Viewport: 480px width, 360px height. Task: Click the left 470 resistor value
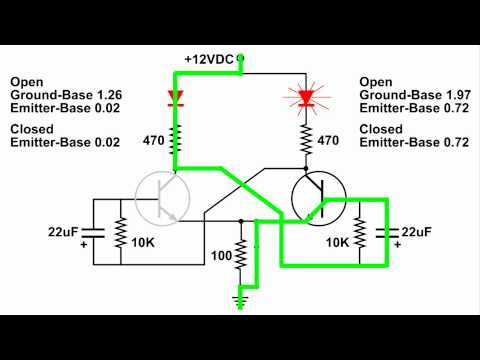tap(152, 141)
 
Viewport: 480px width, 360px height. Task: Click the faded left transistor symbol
tap(160, 196)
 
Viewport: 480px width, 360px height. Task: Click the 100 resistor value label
tap(221, 256)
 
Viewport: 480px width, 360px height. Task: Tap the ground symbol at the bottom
tap(240, 298)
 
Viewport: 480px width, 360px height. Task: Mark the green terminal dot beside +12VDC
tap(241, 59)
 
